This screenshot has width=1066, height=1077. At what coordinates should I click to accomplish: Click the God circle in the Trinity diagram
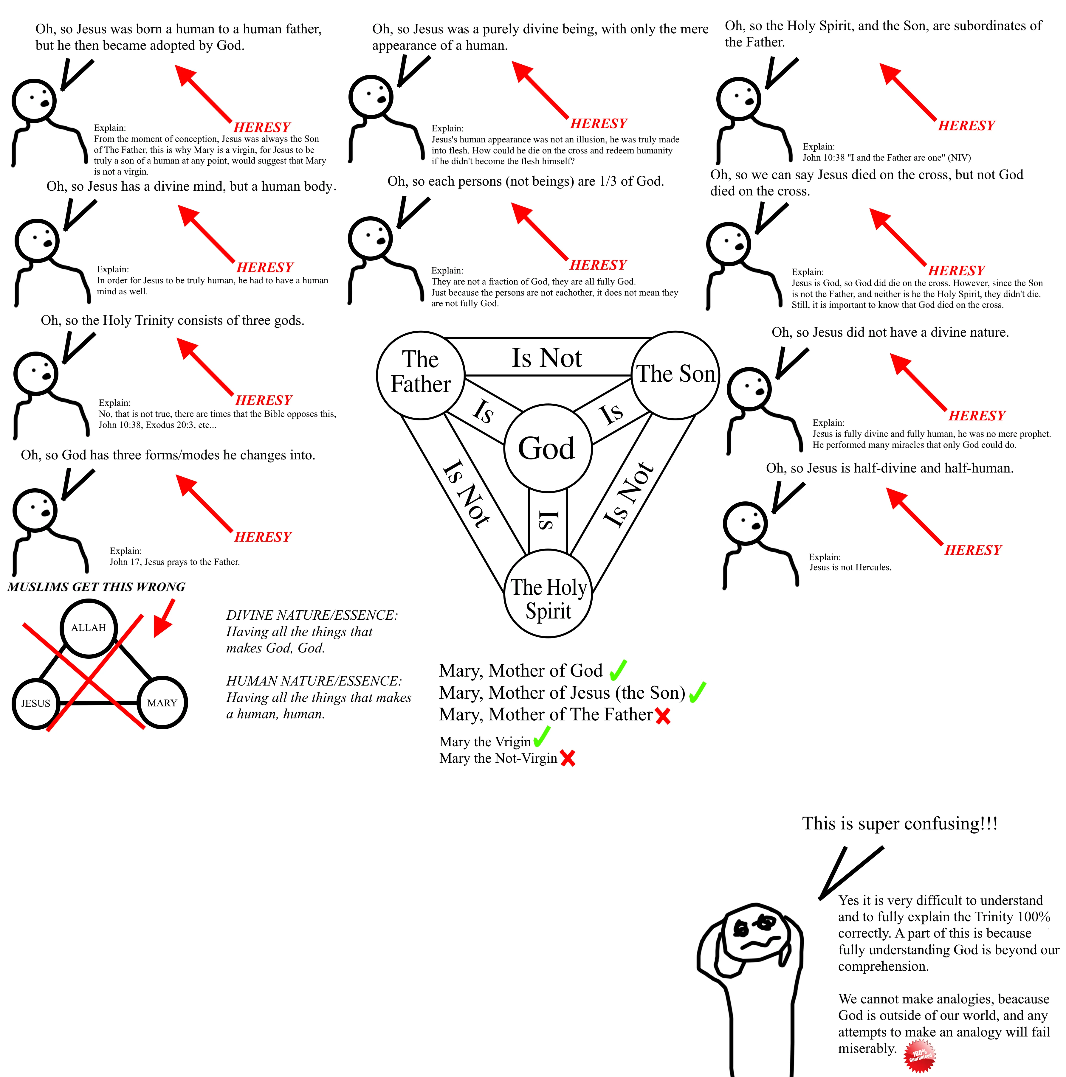pyautogui.click(x=547, y=448)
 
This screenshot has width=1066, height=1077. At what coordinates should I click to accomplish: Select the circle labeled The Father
pyautogui.click(x=421, y=374)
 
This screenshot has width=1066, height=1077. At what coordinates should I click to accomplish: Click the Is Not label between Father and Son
pyautogui.click(x=547, y=357)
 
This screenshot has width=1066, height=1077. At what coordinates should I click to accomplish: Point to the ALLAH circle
pyautogui.click(x=89, y=628)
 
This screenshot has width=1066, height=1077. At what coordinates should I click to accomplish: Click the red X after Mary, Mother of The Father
pyautogui.click(x=663, y=716)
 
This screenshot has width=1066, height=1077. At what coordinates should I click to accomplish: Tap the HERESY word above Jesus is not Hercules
pyautogui.click(x=973, y=550)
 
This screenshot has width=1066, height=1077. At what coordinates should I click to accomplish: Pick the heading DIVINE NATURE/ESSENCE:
pyautogui.click(x=312, y=616)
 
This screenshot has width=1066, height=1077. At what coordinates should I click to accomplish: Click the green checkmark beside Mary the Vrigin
pyautogui.click(x=542, y=737)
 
